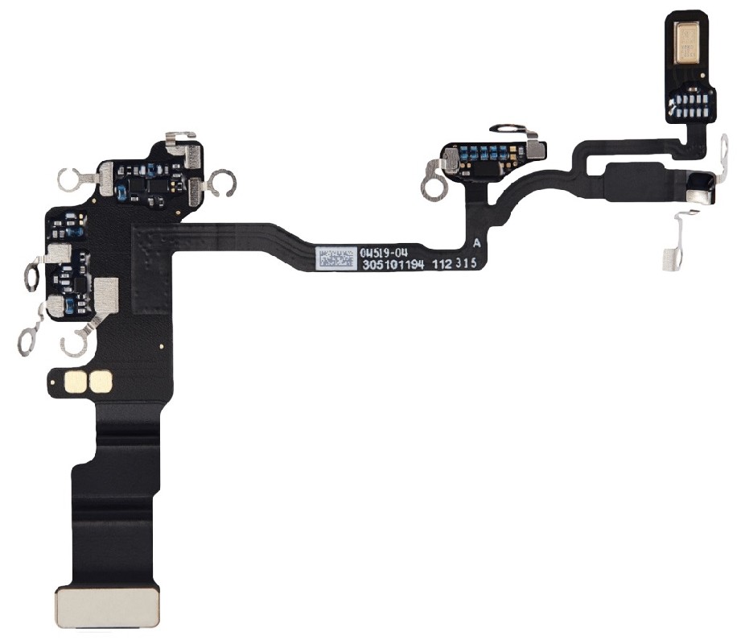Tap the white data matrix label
[x=335, y=258]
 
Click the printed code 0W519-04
[x=379, y=252]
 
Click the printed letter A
[x=478, y=243]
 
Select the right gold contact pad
[x=102, y=382]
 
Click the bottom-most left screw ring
[x=75, y=345]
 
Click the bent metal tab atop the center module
[x=510, y=129]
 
